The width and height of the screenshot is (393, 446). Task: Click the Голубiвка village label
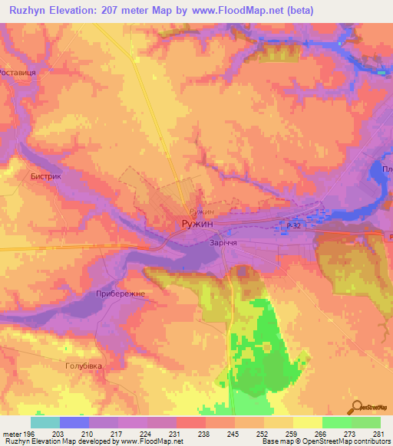[x=84, y=367]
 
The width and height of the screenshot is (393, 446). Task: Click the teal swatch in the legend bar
[x=45, y=422]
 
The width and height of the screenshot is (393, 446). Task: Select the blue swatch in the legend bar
[x=74, y=422]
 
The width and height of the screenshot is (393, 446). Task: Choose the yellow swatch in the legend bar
[x=307, y=422]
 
